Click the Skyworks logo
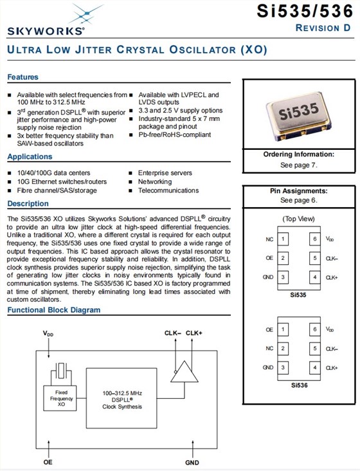coord(46,20)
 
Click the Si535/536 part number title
coord(305,11)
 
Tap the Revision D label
coord(323,28)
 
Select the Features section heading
coord(22,77)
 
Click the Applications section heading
coord(30,156)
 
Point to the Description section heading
coord(28,203)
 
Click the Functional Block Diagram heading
coord(54,309)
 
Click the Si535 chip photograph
coord(299,116)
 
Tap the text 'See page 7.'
coord(298,165)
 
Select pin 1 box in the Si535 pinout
coord(283,239)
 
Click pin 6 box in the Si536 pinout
coord(315,329)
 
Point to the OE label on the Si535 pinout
coord(269,258)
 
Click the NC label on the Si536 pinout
coord(269,348)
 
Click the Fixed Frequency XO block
coord(60,398)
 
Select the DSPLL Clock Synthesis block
coord(122,398)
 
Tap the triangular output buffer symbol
coord(184,372)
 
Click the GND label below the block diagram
coord(192,463)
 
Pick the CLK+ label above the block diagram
coord(194,333)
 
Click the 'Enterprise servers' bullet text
coord(165,172)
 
